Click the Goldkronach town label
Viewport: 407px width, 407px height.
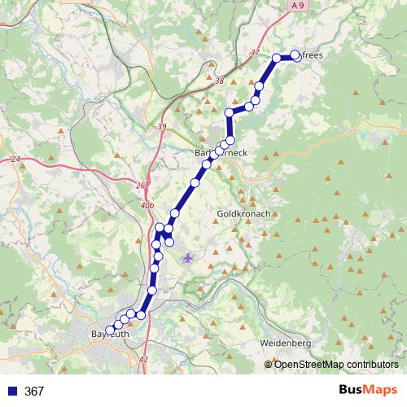(x=243, y=214)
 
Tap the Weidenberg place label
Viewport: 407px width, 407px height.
(x=287, y=344)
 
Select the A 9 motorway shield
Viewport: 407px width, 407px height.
(x=299, y=5)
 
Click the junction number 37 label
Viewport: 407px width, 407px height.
(x=255, y=53)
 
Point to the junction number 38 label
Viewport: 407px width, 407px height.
(x=218, y=81)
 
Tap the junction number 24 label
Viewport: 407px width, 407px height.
(x=15, y=160)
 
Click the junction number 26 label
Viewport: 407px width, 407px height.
(x=141, y=186)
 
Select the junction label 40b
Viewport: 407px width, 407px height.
(x=147, y=207)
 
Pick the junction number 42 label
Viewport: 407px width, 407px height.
(x=144, y=358)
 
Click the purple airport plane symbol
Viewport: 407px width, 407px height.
(x=189, y=258)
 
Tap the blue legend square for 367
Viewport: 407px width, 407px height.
(x=12, y=391)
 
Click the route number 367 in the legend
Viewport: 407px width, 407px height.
(x=34, y=391)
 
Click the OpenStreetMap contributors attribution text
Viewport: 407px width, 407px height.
(x=336, y=364)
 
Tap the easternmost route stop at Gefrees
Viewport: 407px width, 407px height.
(x=295, y=55)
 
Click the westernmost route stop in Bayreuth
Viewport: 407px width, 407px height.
(x=110, y=330)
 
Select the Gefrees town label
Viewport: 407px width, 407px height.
(x=310, y=55)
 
